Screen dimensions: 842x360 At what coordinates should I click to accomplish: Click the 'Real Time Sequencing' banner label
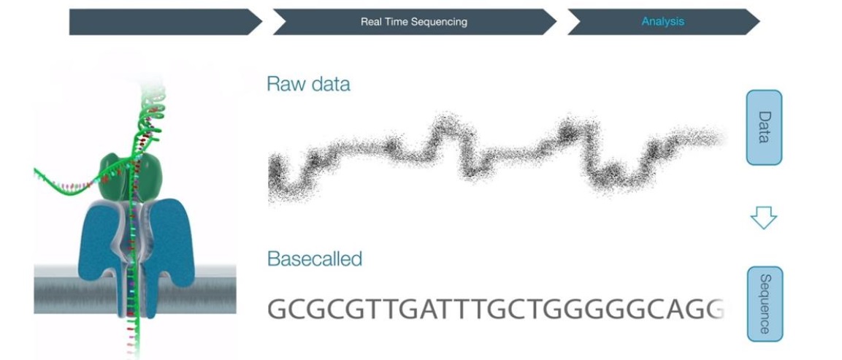point(414,22)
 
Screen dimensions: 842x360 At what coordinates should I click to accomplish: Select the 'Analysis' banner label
point(662,21)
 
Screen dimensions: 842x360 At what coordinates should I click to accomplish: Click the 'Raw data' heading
point(308,85)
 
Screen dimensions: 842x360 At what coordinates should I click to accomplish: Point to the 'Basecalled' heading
point(315,259)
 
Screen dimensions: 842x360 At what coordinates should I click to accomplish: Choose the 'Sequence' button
point(765,304)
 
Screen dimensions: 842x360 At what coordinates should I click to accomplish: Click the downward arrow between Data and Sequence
point(763,218)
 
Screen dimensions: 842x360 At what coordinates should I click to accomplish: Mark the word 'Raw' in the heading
point(283,85)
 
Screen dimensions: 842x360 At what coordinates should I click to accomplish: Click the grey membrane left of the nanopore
point(56,290)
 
